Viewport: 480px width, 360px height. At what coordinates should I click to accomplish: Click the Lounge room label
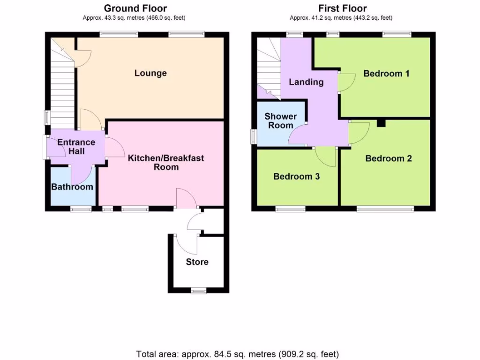pyautogui.click(x=150, y=73)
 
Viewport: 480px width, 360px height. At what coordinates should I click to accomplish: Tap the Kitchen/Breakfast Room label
pyautogui.click(x=166, y=162)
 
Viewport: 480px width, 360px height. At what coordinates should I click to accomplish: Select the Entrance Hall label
pyautogui.click(x=75, y=146)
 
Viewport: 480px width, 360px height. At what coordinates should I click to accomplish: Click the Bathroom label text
pyautogui.click(x=72, y=187)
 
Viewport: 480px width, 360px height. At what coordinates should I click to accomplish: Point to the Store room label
pyautogui.click(x=197, y=262)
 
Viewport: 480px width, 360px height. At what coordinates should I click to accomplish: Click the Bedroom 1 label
pyautogui.click(x=386, y=73)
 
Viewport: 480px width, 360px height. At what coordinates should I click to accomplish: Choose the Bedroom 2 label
pyautogui.click(x=388, y=158)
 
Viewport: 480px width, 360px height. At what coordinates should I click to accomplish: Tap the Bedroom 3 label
pyautogui.click(x=296, y=176)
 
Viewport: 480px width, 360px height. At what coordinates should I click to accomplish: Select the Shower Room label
pyautogui.click(x=280, y=120)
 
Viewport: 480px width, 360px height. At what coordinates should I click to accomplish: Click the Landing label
pyautogui.click(x=306, y=82)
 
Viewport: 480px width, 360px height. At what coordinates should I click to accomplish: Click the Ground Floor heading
pyautogui.click(x=135, y=8)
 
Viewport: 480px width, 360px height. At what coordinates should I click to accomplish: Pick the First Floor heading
pyautogui.click(x=342, y=8)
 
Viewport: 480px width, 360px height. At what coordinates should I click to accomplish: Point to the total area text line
pyautogui.click(x=237, y=354)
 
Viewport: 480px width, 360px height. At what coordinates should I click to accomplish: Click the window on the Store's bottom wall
pyautogui.click(x=198, y=291)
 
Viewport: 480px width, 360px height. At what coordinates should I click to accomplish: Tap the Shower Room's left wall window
pyautogui.click(x=254, y=136)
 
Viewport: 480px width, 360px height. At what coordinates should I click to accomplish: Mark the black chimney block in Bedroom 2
pyautogui.click(x=381, y=123)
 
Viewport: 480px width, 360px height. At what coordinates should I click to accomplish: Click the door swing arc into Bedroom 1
pyautogui.click(x=346, y=82)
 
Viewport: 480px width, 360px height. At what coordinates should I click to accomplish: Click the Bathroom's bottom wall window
pyautogui.click(x=81, y=209)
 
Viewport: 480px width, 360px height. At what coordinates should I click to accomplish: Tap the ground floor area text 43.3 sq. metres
pyautogui.click(x=135, y=18)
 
